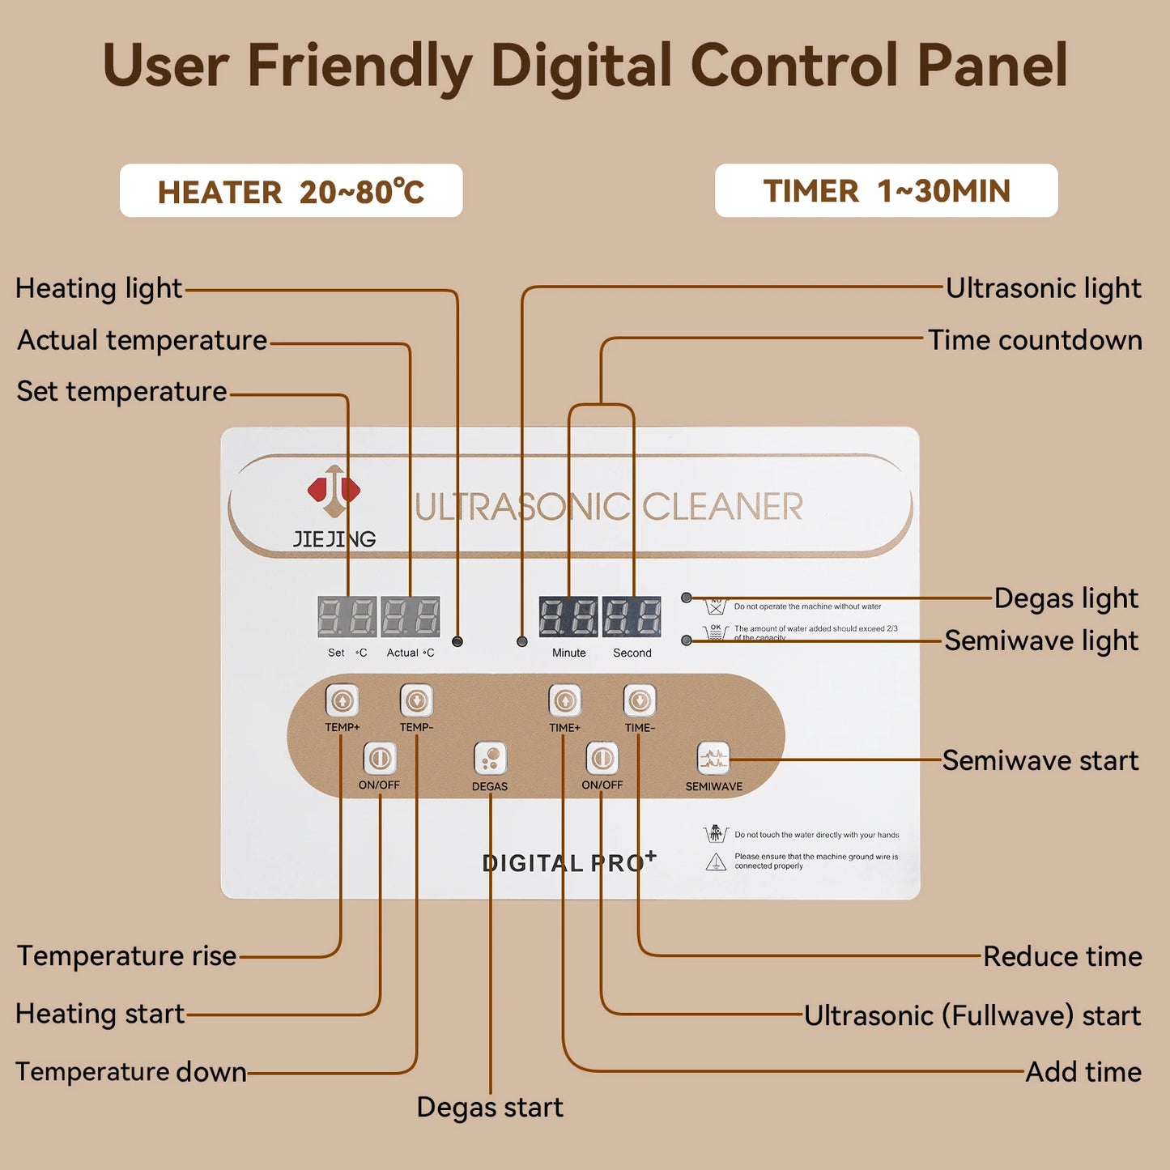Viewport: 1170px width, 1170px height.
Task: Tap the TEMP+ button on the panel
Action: pyautogui.click(x=342, y=700)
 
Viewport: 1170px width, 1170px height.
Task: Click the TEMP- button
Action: pyautogui.click(x=416, y=700)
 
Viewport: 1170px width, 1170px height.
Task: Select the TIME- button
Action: pyautogui.click(x=639, y=700)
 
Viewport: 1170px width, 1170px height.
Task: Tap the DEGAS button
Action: pyautogui.click(x=490, y=759)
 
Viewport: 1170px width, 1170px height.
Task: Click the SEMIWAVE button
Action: pyautogui.click(x=713, y=759)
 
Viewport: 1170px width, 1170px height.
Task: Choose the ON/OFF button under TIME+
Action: pyautogui.click(x=602, y=759)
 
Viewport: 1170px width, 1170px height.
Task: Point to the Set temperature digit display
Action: pyautogui.click(x=347, y=617)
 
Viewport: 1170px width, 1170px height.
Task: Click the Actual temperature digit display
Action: pyautogui.click(x=411, y=617)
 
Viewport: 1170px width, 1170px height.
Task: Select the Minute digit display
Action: pyautogui.click(x=568, y=617)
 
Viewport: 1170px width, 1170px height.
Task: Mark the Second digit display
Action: pyautogui.click(x=632, y=617)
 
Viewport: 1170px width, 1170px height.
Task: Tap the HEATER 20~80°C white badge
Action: pyautogui.click(x=291, y=191)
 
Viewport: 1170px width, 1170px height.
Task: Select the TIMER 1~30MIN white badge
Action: pyautogui.click(x=886, y=191)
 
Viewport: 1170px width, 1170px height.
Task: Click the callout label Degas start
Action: pyautogui.click(x=490, y=1107)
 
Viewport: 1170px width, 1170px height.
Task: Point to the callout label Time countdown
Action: pyautogui.click(x=1034, y=340)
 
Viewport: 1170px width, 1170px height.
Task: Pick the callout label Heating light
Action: pyautogui.click(x=99, y=288)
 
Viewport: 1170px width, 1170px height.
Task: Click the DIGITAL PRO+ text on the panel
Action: pyautogui.click(x=568, y=862)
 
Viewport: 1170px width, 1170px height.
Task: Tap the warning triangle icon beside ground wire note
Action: pyautogui.click(x=716, y=862)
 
